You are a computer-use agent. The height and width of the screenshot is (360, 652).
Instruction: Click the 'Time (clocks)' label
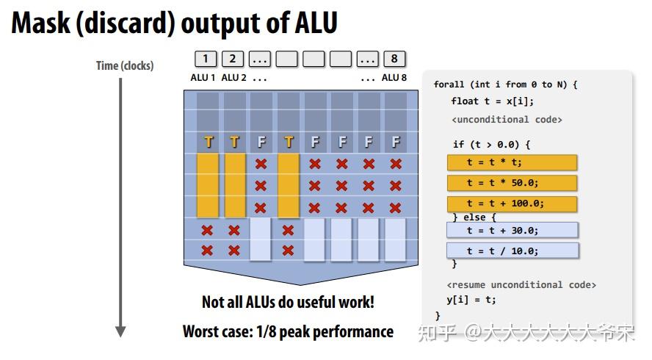[125, 65]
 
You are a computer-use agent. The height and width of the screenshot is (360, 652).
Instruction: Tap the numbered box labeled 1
[206, 59]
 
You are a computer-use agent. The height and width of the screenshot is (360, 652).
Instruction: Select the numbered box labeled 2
[233, 59]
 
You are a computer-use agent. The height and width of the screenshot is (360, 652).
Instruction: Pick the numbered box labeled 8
[394, 59]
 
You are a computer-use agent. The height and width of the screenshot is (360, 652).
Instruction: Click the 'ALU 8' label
[394, 77]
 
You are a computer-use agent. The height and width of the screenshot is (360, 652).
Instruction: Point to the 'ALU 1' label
[203, 77]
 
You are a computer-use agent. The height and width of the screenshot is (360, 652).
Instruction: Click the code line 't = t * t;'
[512, 162]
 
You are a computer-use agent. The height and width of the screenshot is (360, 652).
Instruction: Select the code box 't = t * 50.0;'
[512, 183]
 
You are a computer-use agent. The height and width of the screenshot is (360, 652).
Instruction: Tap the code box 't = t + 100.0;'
[512, 204]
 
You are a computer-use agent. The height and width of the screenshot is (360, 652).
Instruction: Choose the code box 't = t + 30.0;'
[512, 230]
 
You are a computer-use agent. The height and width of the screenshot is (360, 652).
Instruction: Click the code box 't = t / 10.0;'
[512, 251]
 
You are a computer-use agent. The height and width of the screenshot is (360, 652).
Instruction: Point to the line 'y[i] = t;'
[471, 299]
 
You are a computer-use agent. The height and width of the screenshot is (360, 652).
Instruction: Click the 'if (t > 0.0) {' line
[491, 144]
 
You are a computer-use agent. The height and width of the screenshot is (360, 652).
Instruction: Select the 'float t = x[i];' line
[492, 101]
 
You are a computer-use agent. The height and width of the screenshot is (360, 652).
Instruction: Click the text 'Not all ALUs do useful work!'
[288, 302]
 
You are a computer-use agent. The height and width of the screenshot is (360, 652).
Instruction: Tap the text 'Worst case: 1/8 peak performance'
[288, 331]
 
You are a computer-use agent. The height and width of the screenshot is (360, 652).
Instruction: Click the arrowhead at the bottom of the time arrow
[120, 331]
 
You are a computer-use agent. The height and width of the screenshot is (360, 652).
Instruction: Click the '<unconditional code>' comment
[507, 119]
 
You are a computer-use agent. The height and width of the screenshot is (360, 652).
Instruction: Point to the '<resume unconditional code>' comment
[521, 284]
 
